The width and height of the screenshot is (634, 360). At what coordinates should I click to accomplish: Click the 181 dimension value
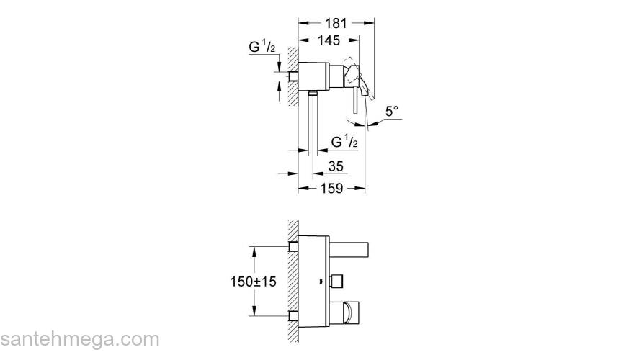[x=336, y=24]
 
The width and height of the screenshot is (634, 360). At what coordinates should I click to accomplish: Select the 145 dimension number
[x=329, y=40]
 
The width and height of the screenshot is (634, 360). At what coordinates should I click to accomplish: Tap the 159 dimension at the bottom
[x=331, y=189]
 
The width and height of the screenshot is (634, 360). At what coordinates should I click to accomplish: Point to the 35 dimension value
[x=336, y=166]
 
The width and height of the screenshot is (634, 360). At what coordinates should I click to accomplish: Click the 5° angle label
[x=391, y=112]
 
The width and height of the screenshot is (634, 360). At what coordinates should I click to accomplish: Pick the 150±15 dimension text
[x=253, y=282]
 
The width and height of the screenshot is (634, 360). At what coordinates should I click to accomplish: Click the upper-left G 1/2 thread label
[x=262, y=47]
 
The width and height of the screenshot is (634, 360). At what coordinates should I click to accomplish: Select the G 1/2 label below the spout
[x=344, y=142]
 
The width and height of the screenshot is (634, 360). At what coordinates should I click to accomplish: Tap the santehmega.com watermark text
[x=80, y=339]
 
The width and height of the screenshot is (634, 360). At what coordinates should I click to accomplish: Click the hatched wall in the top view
[x=293, y=76]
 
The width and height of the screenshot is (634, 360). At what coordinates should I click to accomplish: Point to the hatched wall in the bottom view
[x=293, y=282]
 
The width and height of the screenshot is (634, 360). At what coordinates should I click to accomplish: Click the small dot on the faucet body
[x=320, y=282]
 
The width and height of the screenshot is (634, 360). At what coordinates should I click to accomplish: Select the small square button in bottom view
[x=337, y=281]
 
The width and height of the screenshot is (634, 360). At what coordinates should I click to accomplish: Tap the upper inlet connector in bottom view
[x=293, y=247]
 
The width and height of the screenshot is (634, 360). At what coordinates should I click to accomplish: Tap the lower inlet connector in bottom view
[x=293, y=316]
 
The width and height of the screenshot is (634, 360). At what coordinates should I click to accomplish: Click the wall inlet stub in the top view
[x=293, y=76]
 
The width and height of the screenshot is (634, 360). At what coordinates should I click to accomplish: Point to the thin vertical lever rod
[x=355, y=100]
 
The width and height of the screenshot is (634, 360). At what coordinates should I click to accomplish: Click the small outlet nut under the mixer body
[x=313, y=94]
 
